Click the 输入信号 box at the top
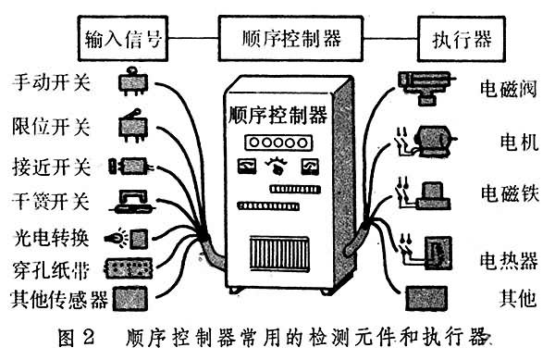point(123,38)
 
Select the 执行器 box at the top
point(462,39)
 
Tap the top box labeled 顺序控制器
point(291,38)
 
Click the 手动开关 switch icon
point(132,82)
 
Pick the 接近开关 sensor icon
point(131,166)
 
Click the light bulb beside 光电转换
point(117,237)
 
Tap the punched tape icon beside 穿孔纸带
point(129,267)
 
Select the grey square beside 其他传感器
point(129,299)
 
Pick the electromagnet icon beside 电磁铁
point(434,196)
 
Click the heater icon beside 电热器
point(438,253)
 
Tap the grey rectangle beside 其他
point(426,298)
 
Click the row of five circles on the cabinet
point(278,143)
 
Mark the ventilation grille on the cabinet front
point(279,254)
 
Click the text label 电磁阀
point(508,88)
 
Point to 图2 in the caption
point(77,337)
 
